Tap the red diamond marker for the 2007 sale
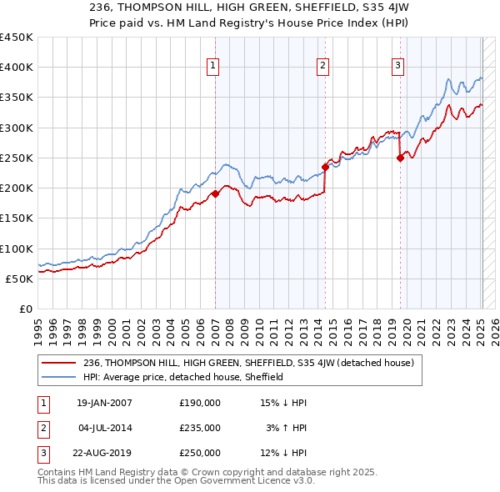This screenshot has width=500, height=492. (x=215, y=193)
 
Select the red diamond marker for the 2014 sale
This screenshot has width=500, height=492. (x=325, y=167)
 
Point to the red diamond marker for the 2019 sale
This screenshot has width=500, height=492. (x=400, y=158)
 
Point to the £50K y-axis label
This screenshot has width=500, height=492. (x=20, y=279)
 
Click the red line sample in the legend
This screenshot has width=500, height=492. (x=59, y=363)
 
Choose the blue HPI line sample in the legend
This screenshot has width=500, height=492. (x=59, y=377)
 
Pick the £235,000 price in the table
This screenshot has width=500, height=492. (x=200, y=428)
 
